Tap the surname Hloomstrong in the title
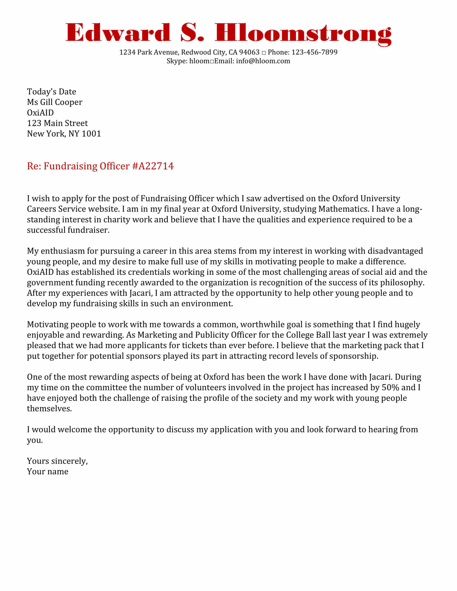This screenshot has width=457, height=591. pyautogui.click(x=303, y=34)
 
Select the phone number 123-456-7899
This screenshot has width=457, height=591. pyautogui.click(x=314, y=52)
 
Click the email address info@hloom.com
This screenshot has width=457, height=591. pyautogui.click(x=263, y=61)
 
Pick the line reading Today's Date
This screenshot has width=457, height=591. pyautogui.click(x=51, y=92)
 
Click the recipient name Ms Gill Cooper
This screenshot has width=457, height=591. pyautogui.click(x=54, y=102)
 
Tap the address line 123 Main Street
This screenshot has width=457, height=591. pyautogui.click(x=58, y=123)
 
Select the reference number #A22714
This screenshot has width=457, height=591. pyautogui.click(x=153, y=166)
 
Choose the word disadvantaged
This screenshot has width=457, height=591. pyautogui.click(x=395, y=251)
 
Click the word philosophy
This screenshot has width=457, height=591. pyautogui.click(x=402, y=283)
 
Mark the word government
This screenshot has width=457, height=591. pyautogui.click(x=50, y=283)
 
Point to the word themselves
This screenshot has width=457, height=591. pyautogui.click(x=49, y=409)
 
